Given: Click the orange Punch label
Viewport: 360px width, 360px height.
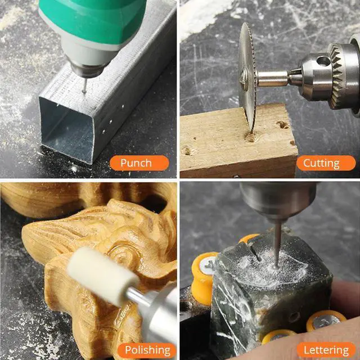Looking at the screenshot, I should click(x=136, y=163).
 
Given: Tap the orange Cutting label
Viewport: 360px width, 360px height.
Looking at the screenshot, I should click(x=322, y=163).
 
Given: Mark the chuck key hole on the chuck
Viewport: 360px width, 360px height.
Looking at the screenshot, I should click(x=323, y=61).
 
